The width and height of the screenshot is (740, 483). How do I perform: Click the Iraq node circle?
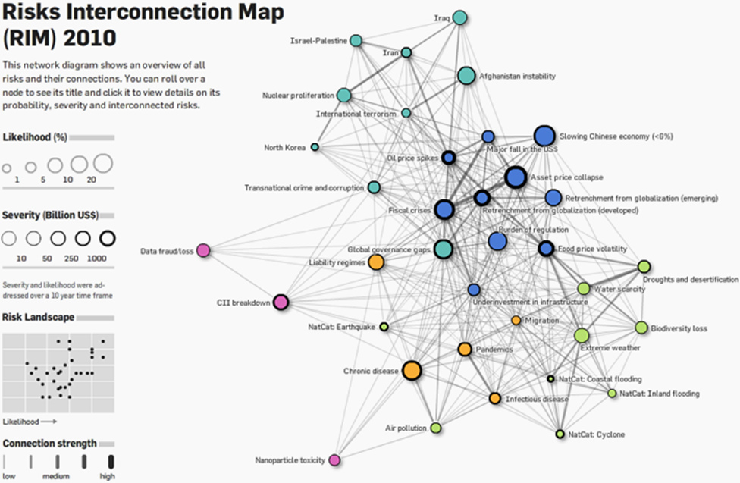[459, 18]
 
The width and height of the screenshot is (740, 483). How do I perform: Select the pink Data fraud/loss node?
[203, 251]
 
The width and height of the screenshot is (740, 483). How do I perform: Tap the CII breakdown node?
[281, 303]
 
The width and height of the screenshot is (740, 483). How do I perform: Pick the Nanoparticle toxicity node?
[334, 459]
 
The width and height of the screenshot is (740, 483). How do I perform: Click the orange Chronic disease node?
[411, 370]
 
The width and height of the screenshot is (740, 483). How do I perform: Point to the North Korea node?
[315, 147]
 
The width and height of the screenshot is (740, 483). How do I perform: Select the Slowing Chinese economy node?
[544, 136]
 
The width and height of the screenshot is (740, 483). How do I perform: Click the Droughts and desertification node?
[644, 266]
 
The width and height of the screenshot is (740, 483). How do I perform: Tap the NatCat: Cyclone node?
[560, 434]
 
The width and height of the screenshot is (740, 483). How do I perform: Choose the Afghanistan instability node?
[466, 76]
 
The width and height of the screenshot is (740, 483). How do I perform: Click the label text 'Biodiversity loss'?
[679, 328]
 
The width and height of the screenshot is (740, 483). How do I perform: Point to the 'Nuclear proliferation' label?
[298, 96]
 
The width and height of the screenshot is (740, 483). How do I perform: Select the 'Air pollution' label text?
[406, 428]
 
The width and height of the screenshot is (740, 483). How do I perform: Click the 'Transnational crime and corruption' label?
[303, 187]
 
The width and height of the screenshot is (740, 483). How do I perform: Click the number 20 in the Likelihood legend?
[92, 180]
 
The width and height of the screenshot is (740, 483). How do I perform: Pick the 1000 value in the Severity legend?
[97, 259]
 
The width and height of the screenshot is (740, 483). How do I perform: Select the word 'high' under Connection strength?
[108, 476]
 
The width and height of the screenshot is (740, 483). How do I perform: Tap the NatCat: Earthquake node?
[384, 327]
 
